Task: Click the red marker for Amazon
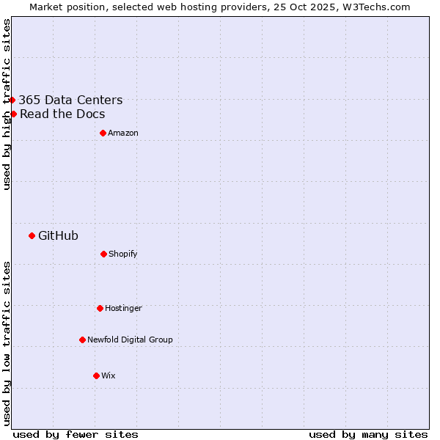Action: point(103,133)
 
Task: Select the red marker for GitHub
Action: point(32,235)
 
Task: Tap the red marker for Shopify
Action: point(103,254)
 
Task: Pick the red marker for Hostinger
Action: point(100,308)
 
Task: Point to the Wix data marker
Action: point(96,375)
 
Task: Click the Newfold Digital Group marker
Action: point(82,340)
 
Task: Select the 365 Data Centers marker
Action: point(12,100)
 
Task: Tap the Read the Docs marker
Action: point(13,114)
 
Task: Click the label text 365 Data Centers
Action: point(70,100)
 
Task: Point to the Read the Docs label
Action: point(62,114)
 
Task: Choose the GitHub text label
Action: point(58,236)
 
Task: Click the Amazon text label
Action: point(122,133)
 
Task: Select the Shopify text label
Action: point(122,254)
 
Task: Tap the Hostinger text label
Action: point(123,309)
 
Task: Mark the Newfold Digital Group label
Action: point(130,340)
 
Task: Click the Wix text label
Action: point(108,376)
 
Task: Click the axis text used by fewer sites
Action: point(76,435)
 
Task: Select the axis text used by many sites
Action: point(368,435)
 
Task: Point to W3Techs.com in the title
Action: point(374,7)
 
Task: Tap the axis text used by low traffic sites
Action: point(7,343)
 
